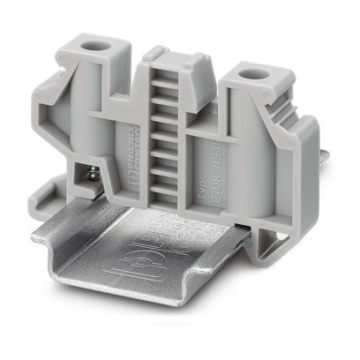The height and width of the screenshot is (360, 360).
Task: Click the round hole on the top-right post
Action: [x=261, y=78]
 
